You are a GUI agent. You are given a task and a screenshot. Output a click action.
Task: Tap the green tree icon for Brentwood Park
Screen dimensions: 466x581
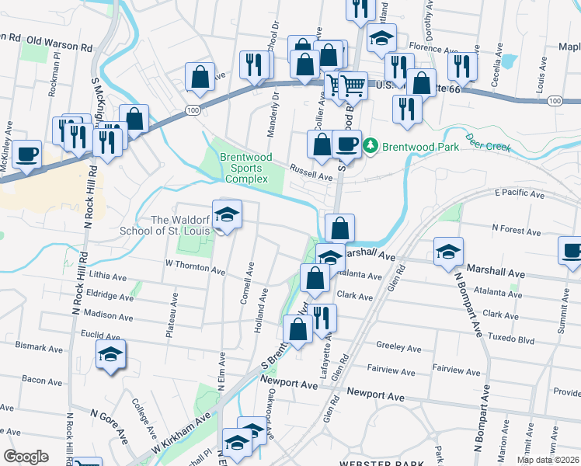point(371,145)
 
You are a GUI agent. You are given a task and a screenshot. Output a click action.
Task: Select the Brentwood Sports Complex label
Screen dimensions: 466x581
point(245,168)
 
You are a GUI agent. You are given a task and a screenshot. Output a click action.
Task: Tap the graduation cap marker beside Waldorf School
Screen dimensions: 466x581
point(227,215)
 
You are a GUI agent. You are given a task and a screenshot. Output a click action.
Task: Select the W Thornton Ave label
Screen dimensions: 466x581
point(195,266)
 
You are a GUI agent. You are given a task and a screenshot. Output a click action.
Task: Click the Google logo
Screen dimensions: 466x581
point(26,456)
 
